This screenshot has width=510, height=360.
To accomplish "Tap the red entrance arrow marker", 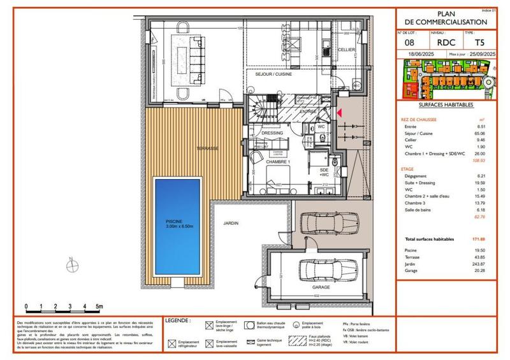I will point(339,112).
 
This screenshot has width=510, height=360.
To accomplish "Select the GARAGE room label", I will point(321,287).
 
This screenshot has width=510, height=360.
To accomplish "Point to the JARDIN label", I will point(230,224).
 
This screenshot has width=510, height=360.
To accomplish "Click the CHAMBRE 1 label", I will point(279,161).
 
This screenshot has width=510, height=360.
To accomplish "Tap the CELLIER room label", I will point(346,49).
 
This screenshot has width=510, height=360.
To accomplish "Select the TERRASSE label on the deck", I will point(208,148).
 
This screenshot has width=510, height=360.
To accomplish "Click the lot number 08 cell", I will point(409,42).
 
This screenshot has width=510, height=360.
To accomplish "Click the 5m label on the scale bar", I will point(99,306).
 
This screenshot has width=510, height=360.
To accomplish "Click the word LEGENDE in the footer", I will point(177,320).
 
